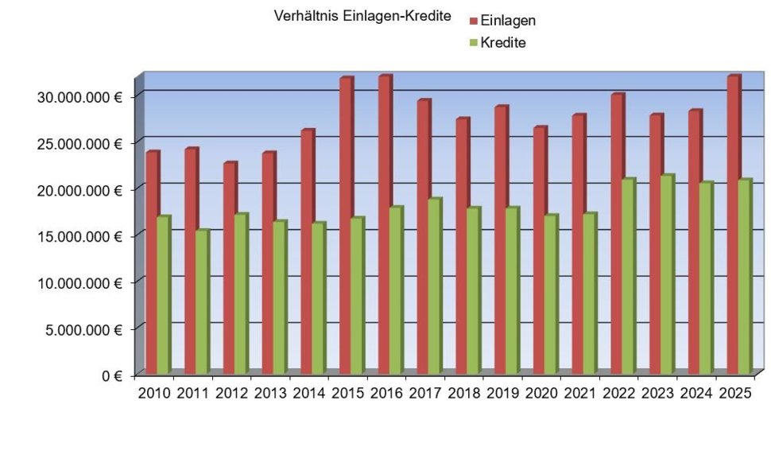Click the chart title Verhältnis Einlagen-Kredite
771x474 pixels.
(x=362, y=16)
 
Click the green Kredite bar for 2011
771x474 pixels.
(x=201, y=302)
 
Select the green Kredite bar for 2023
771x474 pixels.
(x=666, y=274)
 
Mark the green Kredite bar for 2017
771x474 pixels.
(x=434, y=286)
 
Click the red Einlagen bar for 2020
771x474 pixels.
(x=539, y=251)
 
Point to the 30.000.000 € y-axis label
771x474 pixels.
(x=79, y=96)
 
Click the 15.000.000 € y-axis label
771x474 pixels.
(x=79, y=236)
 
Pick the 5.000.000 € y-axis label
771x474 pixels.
(x=83, y=329)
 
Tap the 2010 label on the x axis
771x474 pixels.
(x=154, y=393)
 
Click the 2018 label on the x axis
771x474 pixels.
(x=464, y=393)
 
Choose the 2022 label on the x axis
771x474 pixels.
(x=619, y=393)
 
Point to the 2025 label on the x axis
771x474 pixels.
(x=735, y=393)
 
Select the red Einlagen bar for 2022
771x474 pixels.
(x=617, y=235)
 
